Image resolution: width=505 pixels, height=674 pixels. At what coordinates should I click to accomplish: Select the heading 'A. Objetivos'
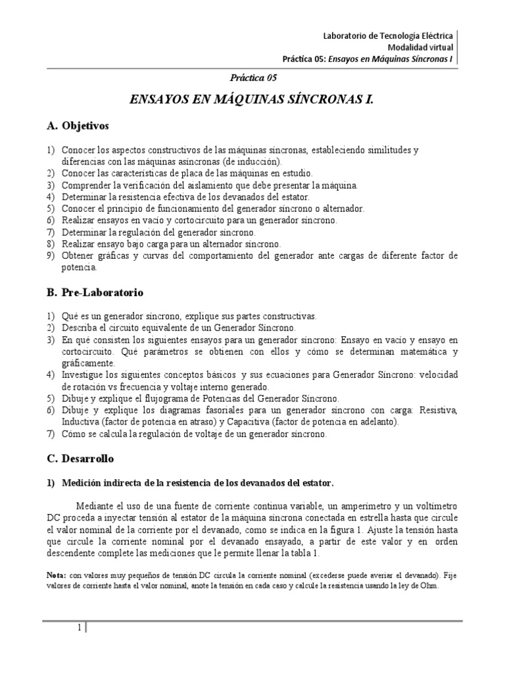[78, 124]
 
